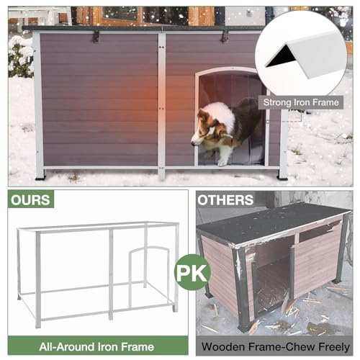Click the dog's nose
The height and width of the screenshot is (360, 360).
pyautogui.click(x=192, y=143)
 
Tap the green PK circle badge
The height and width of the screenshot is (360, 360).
pyautogui.click(x=192, y=273)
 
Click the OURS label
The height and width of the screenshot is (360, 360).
pyautogui.click(x=30, y=199)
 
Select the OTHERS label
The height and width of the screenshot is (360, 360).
pyautogui.click(x=225, y=199)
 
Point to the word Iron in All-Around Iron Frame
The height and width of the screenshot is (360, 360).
pyautogui.click(x=107, y=347)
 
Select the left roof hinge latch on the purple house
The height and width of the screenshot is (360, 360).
pyautogui.click(x=96, y=37)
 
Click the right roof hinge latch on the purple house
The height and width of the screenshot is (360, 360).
pyautogui.click(x=225, y=36)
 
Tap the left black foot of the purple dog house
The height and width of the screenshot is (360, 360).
pyautogui.click(x=40, y=179)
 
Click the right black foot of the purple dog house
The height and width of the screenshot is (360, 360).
pyautogui.click(x=282, y=178)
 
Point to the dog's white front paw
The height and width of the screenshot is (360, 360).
pyautogui.click(x=221, y=163)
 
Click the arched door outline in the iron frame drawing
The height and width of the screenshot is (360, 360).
pyautogui.click(x=149, y=250)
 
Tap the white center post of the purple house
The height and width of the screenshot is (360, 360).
pyautogui.click(x=161, y=106)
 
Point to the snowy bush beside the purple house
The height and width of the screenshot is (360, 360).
pyautogui.click(x=21, y=57)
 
